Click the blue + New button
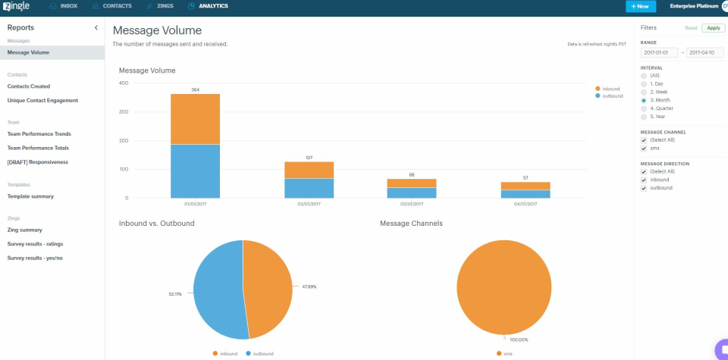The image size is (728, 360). (x=641, y=6)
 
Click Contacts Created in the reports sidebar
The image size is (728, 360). (x=29, y=86)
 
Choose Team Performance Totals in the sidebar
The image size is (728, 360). (x=38, y=148)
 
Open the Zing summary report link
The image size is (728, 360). (x=24, y=230)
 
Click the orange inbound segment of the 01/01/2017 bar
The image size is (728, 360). (x=195, y=119)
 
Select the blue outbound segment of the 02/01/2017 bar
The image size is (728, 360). (x=309, y=188)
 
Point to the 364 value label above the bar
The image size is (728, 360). (x=195, y=89)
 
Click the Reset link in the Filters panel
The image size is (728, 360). (x=691, y=28)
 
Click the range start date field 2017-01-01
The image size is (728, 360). (x=657, y=53)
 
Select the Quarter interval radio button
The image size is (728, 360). (x=645, y=108)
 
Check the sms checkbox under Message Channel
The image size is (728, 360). (x=645, y=149)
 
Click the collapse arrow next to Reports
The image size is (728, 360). (x=96, y=28)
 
